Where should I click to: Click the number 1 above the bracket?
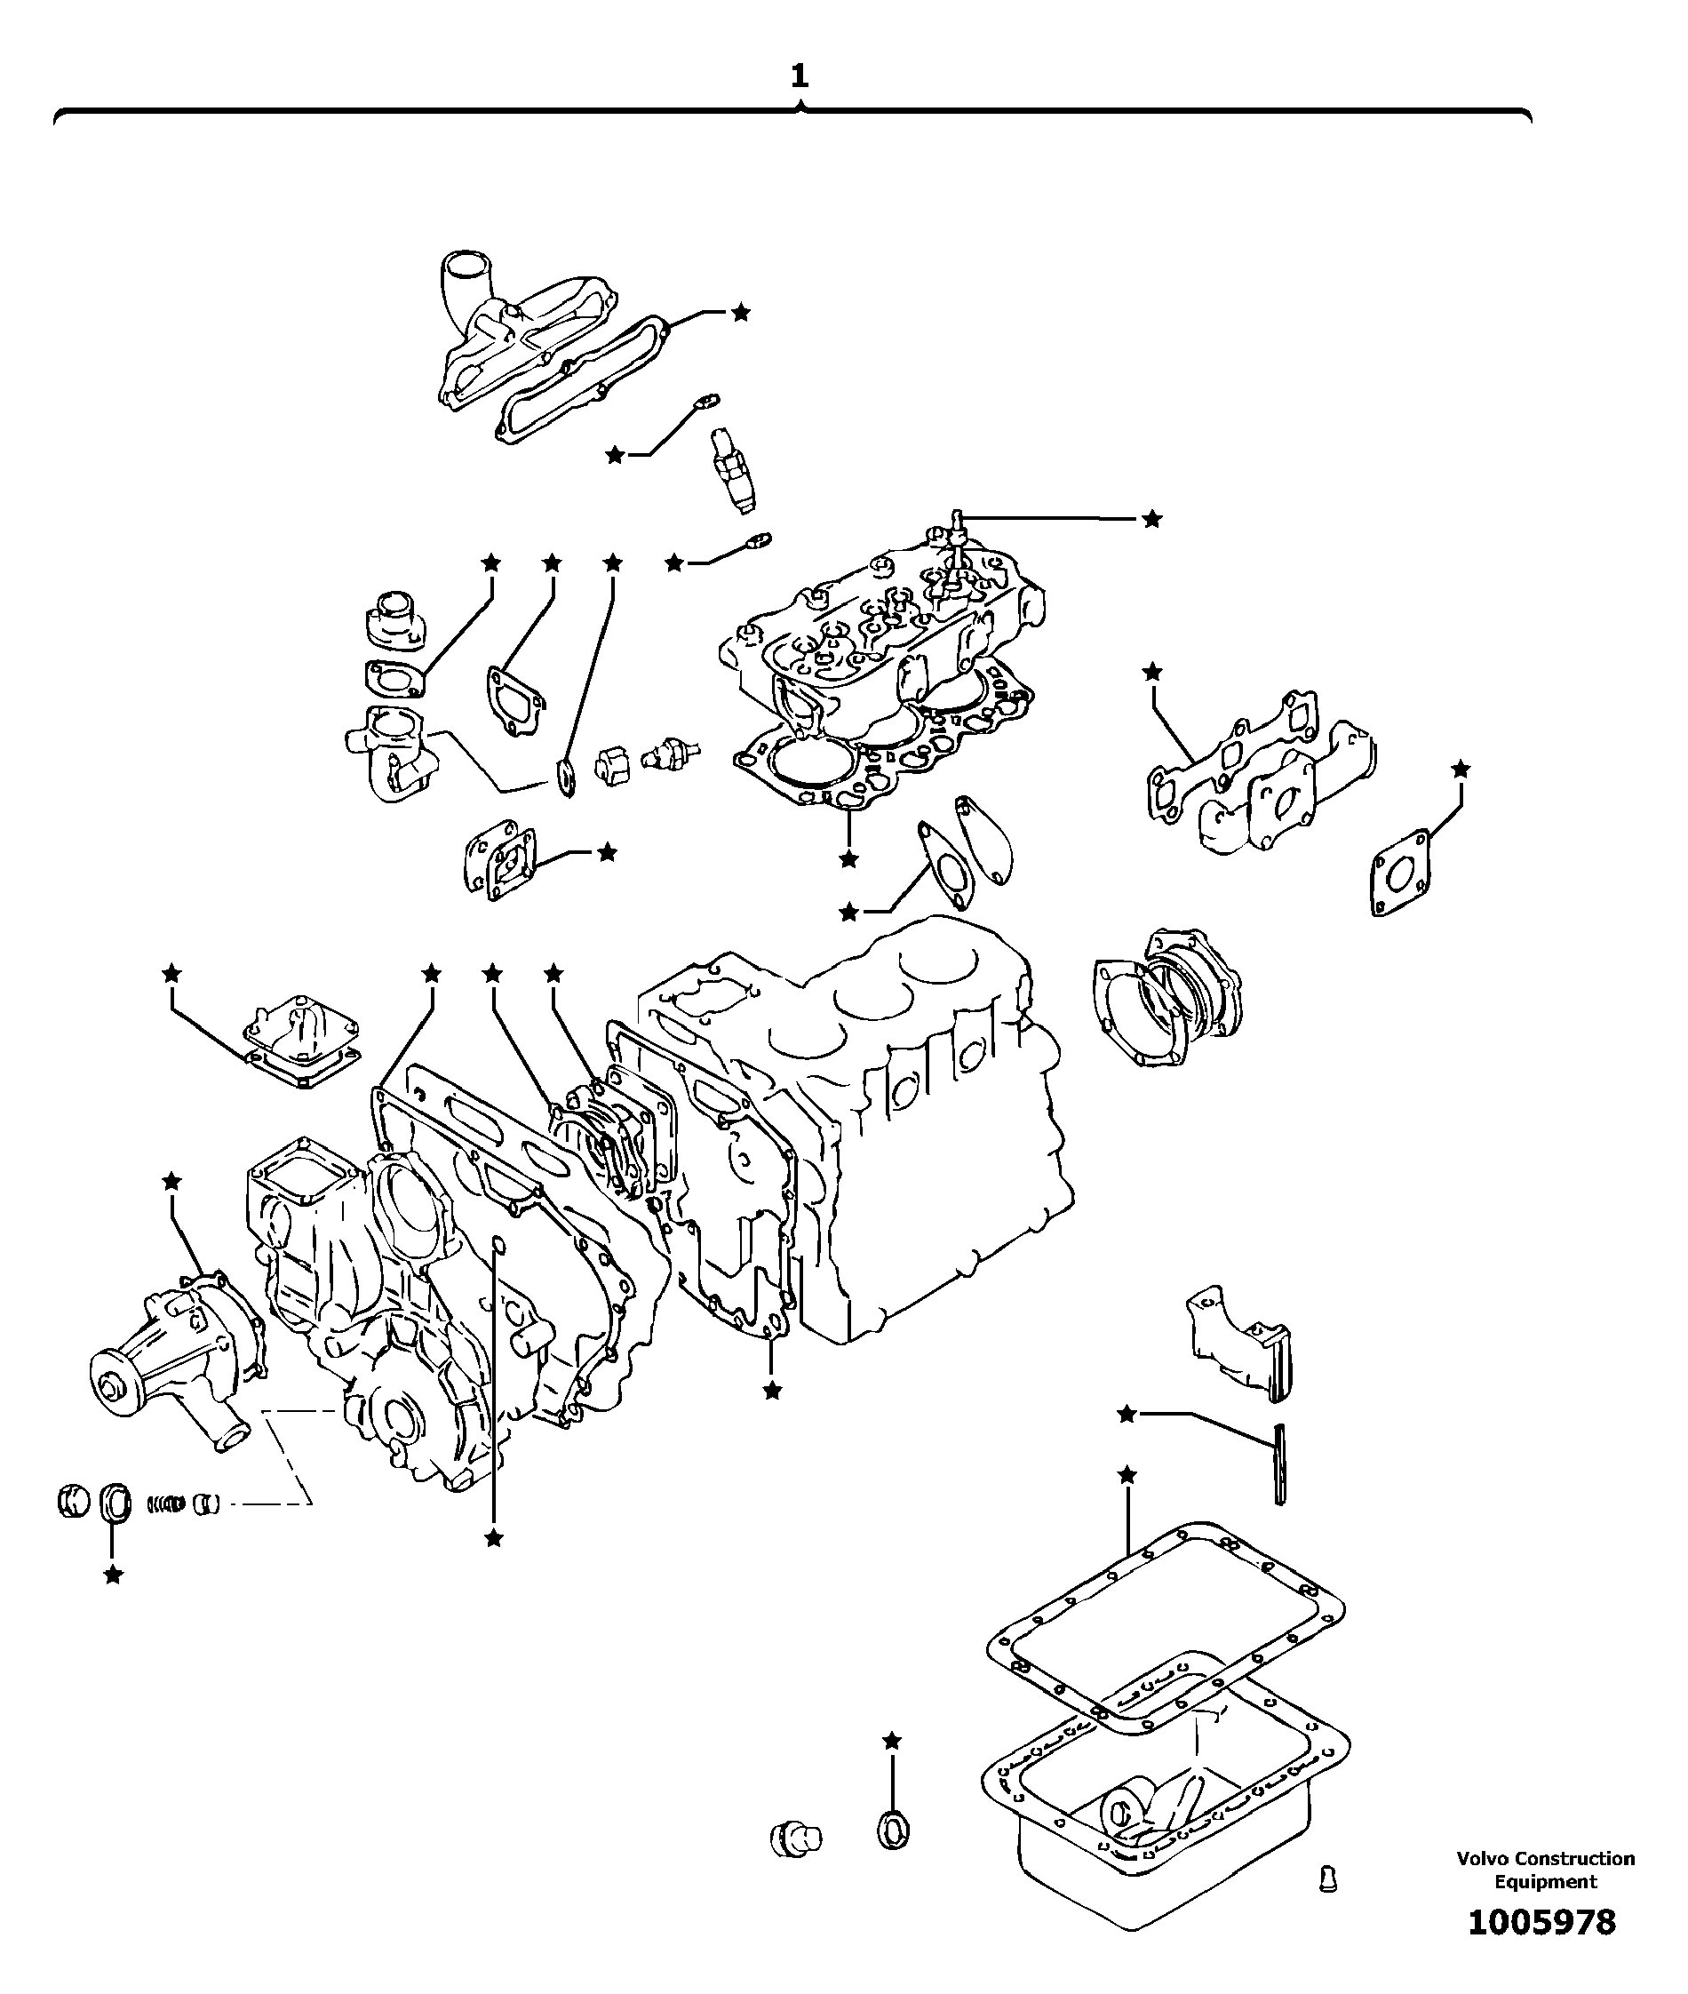coord(799,76)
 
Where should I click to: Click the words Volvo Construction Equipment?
coord(1546,1870)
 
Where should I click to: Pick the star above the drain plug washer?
coord(892,1742)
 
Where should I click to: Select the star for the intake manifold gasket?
coord(741,312)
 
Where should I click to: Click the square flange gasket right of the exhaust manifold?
coord(1401,871)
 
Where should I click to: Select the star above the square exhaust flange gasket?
coord(1461,769)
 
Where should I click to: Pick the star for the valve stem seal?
coord(1152,519)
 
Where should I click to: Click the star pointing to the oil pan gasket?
coord(1127,1475)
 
